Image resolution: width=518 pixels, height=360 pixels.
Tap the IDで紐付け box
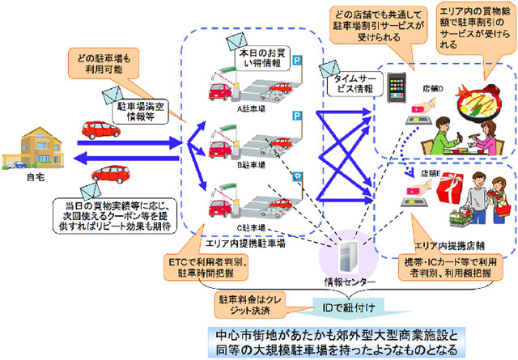346,308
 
